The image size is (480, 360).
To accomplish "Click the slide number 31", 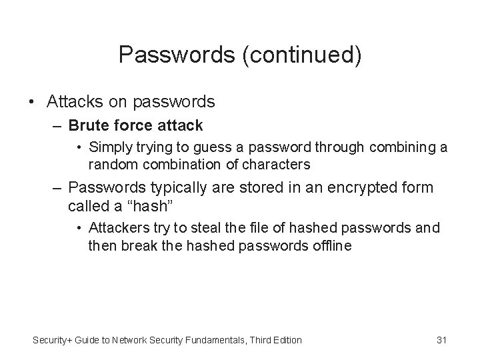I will pyautogui.click(x=441, y=341).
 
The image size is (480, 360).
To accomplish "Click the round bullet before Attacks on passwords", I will pyautogui.click(x=32, y=102).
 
